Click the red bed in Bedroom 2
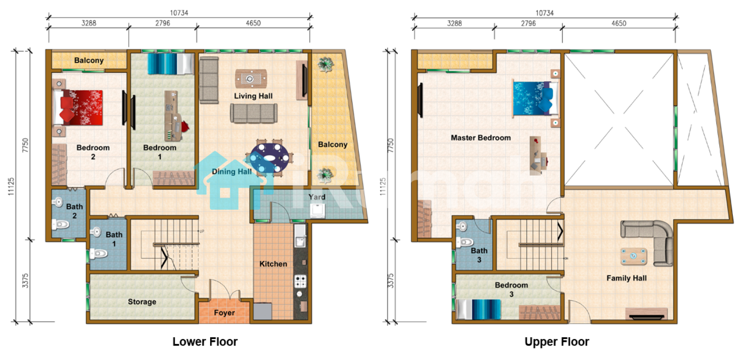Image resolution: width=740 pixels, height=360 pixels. pyautogui.click(x=78, y=108)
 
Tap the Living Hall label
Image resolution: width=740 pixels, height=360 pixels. pyautogui.click(x=253, y=96)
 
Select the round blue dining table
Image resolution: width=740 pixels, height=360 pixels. pyautogui.click(x=269, y=158)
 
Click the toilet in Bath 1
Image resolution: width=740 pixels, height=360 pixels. pyautogui.click(x=99, y=253)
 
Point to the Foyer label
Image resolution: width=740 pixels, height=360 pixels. pyautogui.click(x=224, y=313)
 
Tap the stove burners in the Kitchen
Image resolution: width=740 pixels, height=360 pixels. pyautogui.click(x=300, y=281)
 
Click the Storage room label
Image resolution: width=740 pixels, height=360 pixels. pyautogui.click(x=142, y=302)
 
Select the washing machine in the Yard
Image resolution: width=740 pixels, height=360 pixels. pyautogui.click(x=317, y=211)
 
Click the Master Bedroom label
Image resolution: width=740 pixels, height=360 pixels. pyautogui.click(x=481, y=138)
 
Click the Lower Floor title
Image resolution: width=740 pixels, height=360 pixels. pyautogui.click(x=205, y=342)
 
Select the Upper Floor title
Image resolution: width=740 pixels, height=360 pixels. pyautogui.click(x=556, y=342)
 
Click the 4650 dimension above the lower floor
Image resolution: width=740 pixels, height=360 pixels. pyautogui.click(x=253, y=23)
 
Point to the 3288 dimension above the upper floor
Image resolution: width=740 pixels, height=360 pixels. pyautogui.click(x=454, y=23)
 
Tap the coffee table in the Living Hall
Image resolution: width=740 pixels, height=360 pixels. pyautogui.click(x=251, y=79)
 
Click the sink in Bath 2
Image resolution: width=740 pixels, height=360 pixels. pyautogui.click(x=58, y=202)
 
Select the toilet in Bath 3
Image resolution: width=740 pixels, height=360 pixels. pyautogui.click(x=465, y=242)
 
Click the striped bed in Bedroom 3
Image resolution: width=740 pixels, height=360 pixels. pyautogui.click(x=478, y=310)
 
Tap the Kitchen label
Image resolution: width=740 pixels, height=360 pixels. pyautogui.click(x=273, y=264)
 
